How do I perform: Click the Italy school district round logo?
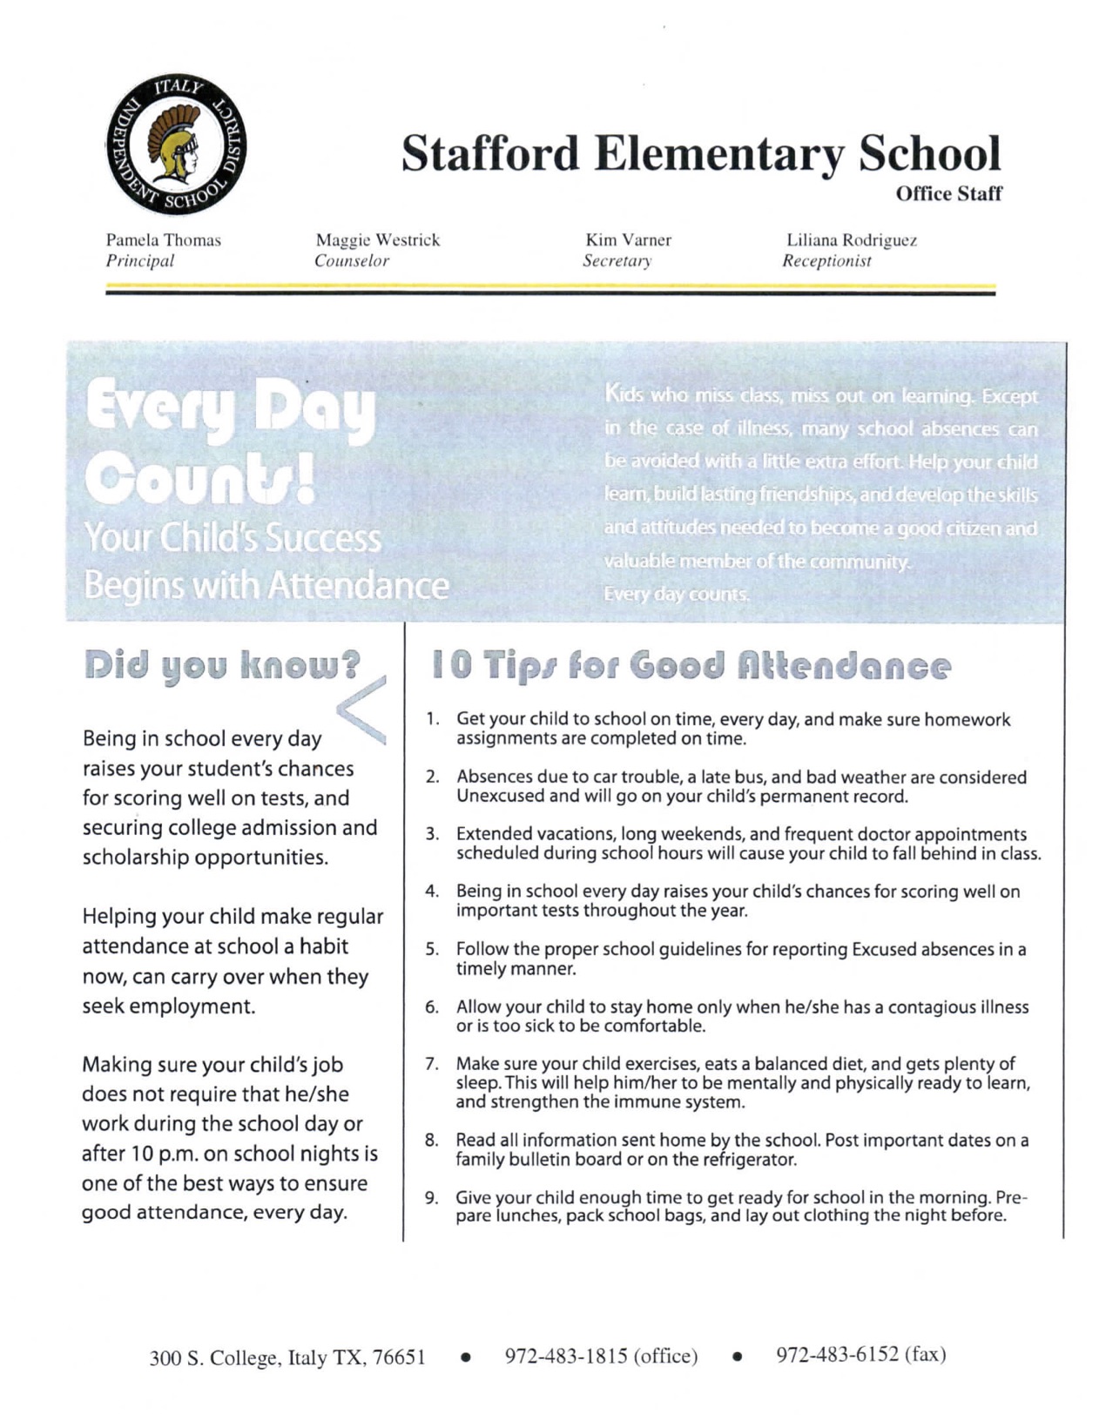click(x=176, y=144)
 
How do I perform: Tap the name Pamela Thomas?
click(x=164, y=239)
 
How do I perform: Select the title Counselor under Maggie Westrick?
click(x=352, y=260)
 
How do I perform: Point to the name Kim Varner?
click(x=628, y=239)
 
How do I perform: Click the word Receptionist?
click(x=826, y=260)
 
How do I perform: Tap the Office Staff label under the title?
click(x=948, y=193)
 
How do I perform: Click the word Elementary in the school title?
click(x=718, y=154)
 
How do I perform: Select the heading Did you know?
click(x=223, y=665)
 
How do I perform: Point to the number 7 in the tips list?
click(x=430, y=1063)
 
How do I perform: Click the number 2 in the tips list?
click(x=430, y=777)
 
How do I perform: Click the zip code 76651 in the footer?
click(x=399, y=1357)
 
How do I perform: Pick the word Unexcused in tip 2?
click(x=496, y=796)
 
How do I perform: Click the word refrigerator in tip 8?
click(x=743, y=1160)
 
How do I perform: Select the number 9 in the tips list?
click(x=430, y=1197)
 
